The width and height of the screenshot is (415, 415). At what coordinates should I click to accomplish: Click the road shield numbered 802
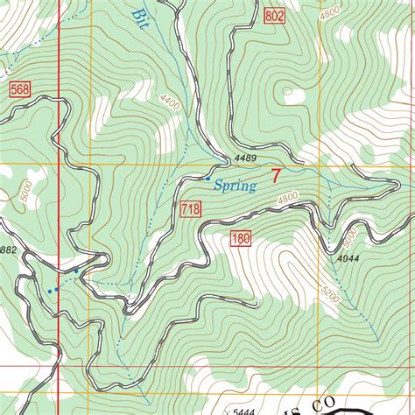(274, 15)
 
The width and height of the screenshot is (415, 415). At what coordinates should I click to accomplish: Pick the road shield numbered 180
(242, 239)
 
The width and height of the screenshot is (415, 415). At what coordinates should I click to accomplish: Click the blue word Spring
(235, 186)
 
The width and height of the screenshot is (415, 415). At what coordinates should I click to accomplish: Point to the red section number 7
(277, 176)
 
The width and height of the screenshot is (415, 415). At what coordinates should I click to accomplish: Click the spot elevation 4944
(349, 259)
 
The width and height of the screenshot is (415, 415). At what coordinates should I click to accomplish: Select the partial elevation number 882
(8, 250)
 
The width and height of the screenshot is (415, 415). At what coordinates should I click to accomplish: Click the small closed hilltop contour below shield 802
(285, 91)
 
